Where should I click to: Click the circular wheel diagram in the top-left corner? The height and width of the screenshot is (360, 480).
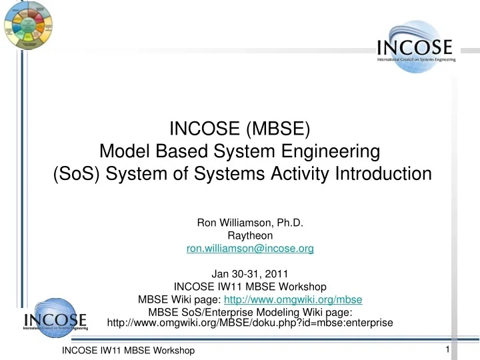[x=27, y=25]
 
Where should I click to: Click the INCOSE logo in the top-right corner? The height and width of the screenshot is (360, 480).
[x=415, y=48]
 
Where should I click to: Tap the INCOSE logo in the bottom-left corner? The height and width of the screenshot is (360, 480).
[x=54, y=321]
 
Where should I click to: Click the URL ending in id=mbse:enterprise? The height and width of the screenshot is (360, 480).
[x=251, y=323]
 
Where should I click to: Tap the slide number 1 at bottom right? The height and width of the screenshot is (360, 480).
[x=447, y=350]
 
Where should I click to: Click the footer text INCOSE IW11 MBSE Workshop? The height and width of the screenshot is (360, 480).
[x=128, y=351]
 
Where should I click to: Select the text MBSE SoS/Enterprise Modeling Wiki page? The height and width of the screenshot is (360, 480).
[x=249, y=312]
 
